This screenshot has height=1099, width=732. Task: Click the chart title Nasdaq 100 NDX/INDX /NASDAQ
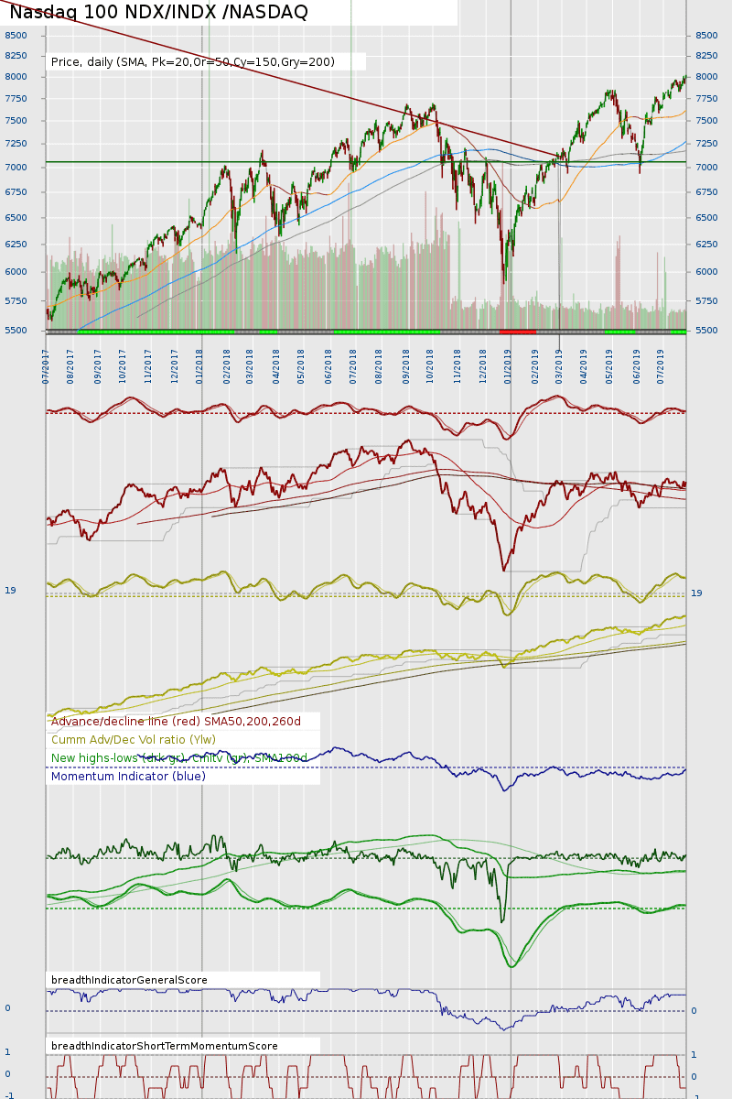tap(158, 13)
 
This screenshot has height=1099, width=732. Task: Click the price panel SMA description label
tap(193, 62)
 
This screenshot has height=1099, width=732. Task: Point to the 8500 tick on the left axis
tap(16, 36)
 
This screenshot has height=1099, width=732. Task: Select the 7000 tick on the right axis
tap(705, 168)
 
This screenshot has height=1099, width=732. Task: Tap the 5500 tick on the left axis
tap(16, 331)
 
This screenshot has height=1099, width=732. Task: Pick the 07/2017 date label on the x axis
tap(46, 365)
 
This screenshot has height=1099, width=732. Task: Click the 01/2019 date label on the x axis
tap(508, 365)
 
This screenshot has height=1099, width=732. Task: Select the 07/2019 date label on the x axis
tap(661, 365)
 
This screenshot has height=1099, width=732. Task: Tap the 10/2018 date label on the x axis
tap(430, 365)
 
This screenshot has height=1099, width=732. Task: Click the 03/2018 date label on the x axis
tap(250, 365)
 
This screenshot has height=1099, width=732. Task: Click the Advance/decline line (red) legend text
tap(176, 722)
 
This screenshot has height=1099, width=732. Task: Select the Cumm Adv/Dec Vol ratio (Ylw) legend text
tap(134, 740)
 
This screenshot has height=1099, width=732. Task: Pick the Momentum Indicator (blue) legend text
tap(128, 777)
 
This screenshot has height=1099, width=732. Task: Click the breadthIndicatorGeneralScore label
tap(129, 980)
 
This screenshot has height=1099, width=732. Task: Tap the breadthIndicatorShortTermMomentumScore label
tap(165, 1046)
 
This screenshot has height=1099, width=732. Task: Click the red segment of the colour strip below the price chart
tap(517, 332)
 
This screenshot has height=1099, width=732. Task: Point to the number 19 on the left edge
tap(10, 591)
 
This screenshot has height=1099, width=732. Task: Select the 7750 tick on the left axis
tap(16, 98)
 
